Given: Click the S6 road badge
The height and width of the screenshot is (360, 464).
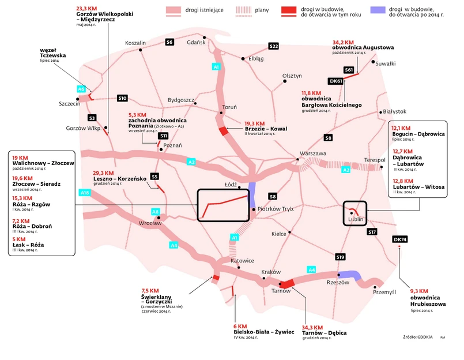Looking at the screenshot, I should [x=169, y=42].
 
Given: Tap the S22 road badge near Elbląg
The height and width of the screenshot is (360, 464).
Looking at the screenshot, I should [x=274, y=46].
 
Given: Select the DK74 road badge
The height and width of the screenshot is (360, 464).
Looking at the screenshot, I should [x=399, y=239].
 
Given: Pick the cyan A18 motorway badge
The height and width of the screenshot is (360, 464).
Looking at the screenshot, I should [x=85, y=192].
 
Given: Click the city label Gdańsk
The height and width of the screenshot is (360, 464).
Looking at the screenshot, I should [x=197, y=42].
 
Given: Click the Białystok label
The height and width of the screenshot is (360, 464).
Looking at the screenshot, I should [x=394, y=111].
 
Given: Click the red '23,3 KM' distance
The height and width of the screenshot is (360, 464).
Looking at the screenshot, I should [x=87, y=9].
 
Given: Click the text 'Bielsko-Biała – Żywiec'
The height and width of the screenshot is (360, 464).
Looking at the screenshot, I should [x=264, y=332].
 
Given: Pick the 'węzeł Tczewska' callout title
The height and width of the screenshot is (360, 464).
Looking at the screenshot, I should [x=52, y=52].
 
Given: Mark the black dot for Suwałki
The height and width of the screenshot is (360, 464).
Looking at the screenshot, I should [x=374, y=62].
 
